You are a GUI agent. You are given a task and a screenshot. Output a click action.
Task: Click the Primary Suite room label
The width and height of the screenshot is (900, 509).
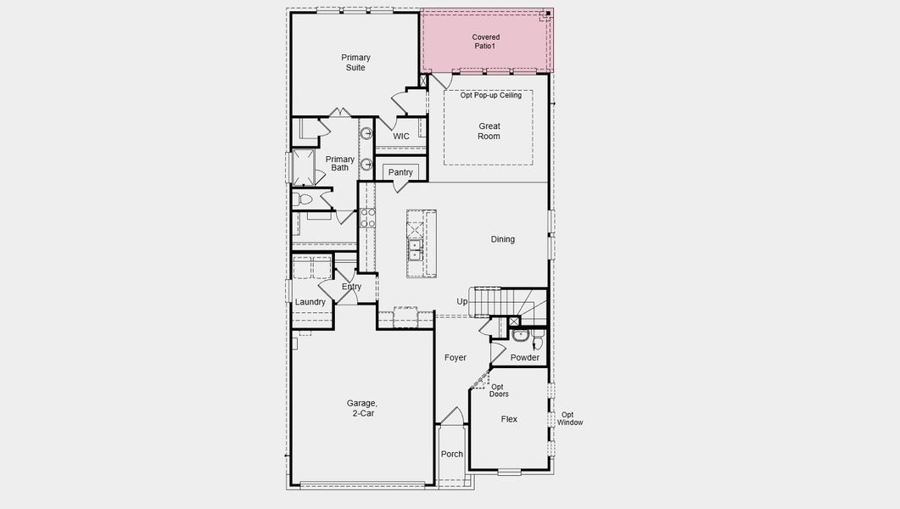(x=355, y=63)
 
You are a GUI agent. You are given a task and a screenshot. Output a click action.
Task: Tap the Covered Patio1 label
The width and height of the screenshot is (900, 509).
(x=486, y=42)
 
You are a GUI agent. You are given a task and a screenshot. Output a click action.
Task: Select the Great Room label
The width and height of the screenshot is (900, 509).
(x=489, y=131)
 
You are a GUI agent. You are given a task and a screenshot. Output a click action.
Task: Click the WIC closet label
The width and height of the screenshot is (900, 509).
(x=401, y=137)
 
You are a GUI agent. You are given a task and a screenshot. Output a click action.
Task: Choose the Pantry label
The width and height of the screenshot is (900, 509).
(x=400, y=173)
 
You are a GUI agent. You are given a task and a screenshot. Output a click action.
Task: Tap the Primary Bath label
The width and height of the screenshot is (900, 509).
(x=339, y=164)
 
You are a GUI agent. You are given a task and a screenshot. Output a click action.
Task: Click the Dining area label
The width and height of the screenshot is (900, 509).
(x=502, y=239)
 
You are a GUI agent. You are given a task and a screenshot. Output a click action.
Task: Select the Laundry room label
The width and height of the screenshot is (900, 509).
(x=310, y=302)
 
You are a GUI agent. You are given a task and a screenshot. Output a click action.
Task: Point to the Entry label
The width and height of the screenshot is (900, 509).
(x=351, y=287)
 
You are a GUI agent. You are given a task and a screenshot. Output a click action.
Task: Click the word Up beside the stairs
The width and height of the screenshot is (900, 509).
(x=462, y=301)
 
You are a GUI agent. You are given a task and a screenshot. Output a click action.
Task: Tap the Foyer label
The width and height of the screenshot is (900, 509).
(x=456, y=358)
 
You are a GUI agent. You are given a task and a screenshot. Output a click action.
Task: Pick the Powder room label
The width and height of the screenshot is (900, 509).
(x=525, y=358)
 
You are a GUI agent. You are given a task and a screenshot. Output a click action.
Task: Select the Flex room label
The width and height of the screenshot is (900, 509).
(x=509, y=419)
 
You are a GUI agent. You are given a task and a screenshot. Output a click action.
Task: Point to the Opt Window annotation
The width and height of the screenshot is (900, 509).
(x=571, y=418)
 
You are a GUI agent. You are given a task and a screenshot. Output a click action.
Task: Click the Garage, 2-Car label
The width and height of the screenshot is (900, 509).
(x=361, y=408)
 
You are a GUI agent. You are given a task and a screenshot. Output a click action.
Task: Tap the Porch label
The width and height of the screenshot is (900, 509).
(x=452, y=454)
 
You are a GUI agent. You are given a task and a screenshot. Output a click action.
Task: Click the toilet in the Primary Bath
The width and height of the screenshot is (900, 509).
(x=303, y=200)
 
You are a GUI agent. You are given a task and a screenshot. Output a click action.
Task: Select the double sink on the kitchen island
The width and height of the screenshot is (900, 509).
(x=416, y=249)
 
